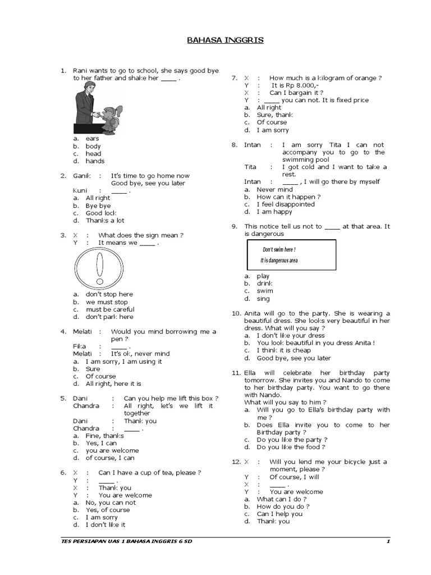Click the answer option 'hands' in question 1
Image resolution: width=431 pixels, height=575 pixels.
click(x=95, y=161)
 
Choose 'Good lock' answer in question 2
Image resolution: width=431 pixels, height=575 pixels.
click(x=101, y=213)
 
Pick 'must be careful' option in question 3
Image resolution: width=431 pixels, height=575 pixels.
click(x=110, y=309)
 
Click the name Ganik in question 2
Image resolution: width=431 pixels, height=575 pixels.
click(x=82, y=176)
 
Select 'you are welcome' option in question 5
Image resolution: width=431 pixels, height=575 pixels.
click(x=112, y=450)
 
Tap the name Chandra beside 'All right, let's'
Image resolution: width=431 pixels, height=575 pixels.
click(x=86, y=405)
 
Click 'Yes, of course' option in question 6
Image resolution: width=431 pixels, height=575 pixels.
click(x=108, y=510)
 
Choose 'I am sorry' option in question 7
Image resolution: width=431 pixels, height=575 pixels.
click(x=273, y=130)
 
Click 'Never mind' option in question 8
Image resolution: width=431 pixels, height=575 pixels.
click(x=275, y=190)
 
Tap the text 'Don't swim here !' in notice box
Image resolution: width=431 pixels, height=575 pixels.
click(x=279, y=249)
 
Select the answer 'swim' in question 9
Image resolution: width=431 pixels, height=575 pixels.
click(x=265, y=291)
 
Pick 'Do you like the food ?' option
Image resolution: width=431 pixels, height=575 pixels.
click(x=291, y=447)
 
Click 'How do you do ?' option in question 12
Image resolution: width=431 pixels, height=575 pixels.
click(x=283, y=506)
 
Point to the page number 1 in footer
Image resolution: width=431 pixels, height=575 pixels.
click(x=388, y=541)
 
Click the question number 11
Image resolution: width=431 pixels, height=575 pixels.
click(x=236, y=373)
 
